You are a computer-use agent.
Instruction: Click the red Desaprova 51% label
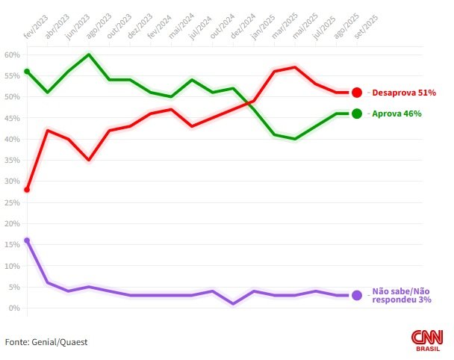pos(403,93)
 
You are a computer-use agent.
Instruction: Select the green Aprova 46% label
pos(397,114)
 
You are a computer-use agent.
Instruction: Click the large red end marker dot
pos(357,93)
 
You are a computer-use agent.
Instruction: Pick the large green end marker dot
pos(357,114)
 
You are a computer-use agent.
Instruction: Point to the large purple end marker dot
pos(357,295)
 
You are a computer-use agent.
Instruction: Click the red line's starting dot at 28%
pos(27,190)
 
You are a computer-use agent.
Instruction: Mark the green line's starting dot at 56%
pos(27,72)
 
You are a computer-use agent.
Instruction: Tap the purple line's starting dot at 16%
pos(27,240)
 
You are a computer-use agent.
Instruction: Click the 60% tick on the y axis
pos(11,55)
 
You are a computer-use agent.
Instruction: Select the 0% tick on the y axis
pos(13,308)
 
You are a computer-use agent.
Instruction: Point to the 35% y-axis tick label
pos(11,160)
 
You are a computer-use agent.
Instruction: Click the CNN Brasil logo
pos(426,340)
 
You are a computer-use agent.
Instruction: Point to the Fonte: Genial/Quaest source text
pos(46,341)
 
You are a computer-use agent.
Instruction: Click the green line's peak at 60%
pos(90,55)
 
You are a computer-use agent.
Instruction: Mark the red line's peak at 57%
pos(296,67)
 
